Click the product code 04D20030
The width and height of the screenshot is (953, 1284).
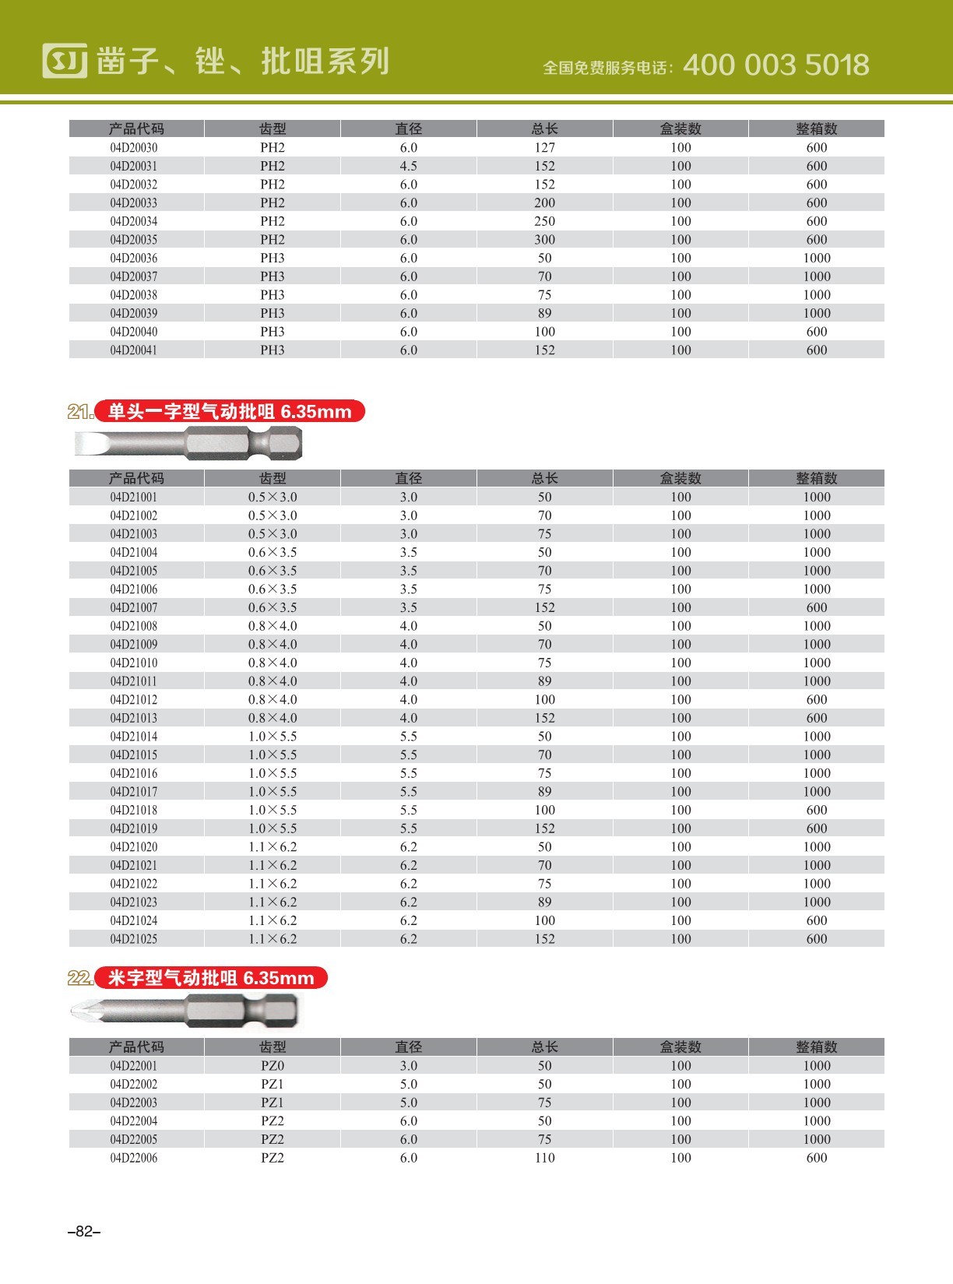pyautogui.click(x=133, y=148)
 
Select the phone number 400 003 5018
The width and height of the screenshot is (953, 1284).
pyautogui.click(x=775, y=65)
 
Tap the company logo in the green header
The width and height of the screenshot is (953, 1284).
pyautogui.click(x=65, y=61)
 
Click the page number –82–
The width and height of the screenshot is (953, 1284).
pyautogui.click(x=84, y=1231)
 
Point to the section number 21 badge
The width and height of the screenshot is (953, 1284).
pyautogui.click(x=80, y=412)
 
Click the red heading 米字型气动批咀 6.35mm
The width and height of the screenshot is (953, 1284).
pyautogui.click(x=211, y=978)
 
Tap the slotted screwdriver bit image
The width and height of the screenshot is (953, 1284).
pyautogui.click(x=188, y=445)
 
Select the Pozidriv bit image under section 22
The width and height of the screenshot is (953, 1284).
pyautogui.click(x=184, y=1011)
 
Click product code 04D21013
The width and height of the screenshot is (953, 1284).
pyautogui.click(x=133, y=718)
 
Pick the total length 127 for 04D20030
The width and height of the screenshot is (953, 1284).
pyautogui.click(x=544, y=148)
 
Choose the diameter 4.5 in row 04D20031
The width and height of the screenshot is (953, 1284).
pyautogui.click(x=408, y=166)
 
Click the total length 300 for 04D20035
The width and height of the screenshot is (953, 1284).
pyautogui.click(x=544, y=240)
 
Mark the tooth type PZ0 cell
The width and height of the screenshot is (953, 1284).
pyautogui.click(x=273, y=1065)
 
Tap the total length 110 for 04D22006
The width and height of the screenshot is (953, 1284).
pyautogui.click(x=544, y=1158)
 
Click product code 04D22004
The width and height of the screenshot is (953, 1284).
pyautogui.click(x=133, y=1121)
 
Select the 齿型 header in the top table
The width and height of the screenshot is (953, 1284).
pyautogui.click(x=273, y=128)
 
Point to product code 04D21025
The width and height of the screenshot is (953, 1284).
pyautogui.click(x=133, y=939)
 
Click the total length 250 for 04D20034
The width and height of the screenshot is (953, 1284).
pyautogui.click(x=544, y=221)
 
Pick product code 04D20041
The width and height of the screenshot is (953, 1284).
pyautogui.click(x=133, y=350)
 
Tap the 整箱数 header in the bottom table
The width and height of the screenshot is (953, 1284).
pyautogui.click(x=816, y=1047)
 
